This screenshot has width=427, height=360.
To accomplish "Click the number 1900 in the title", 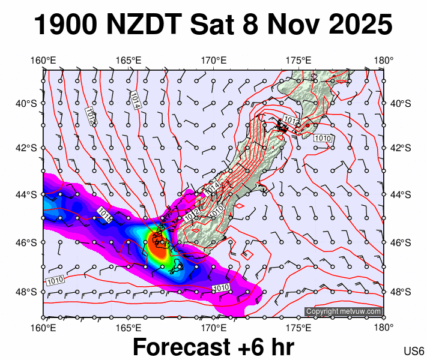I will [x=65, y=25].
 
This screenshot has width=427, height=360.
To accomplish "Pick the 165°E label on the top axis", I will [x=129, y=60].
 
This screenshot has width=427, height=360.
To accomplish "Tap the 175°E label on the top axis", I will [x=298, y=60].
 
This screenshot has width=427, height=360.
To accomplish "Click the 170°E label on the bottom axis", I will [x=213, y=328].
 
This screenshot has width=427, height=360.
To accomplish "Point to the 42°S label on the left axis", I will [x=27, y=148].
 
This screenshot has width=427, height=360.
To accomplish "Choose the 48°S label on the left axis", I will [x=27, y=292].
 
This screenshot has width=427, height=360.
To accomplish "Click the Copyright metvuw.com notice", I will [x=344, y=311].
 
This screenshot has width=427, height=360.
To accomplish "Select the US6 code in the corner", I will [x=414, y=350].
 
